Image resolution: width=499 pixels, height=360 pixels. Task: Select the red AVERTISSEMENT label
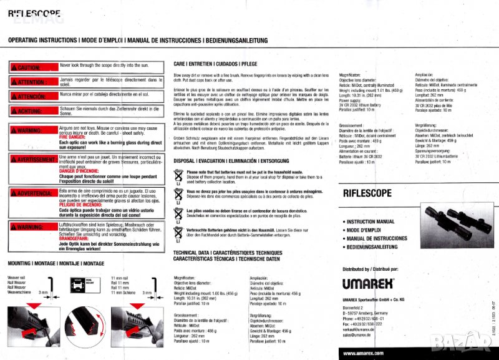coord(32,158)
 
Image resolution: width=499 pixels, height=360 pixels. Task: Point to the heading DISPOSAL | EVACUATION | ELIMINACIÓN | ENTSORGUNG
coord(243,160)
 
